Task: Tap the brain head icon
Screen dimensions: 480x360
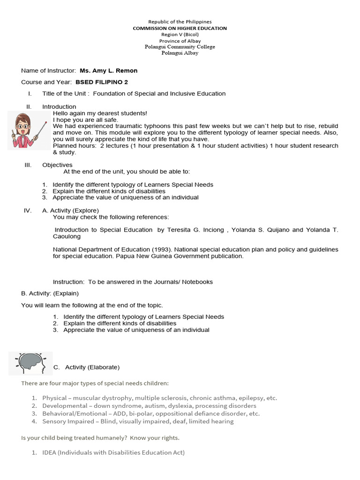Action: click(30, 363)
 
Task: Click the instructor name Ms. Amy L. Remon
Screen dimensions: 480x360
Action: click(108, 71)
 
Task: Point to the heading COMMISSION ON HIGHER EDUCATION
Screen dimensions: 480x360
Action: click(180, 28)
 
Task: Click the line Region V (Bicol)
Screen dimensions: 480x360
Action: click(180, 35)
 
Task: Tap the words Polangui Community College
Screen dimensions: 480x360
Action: click(180, 47)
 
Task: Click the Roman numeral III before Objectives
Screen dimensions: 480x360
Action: click(28, 165)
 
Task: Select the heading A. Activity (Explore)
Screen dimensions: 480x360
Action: click(70, 210)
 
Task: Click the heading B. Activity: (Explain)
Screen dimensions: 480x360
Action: click(50, 293)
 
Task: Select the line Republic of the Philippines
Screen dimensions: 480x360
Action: click(180, 22)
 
